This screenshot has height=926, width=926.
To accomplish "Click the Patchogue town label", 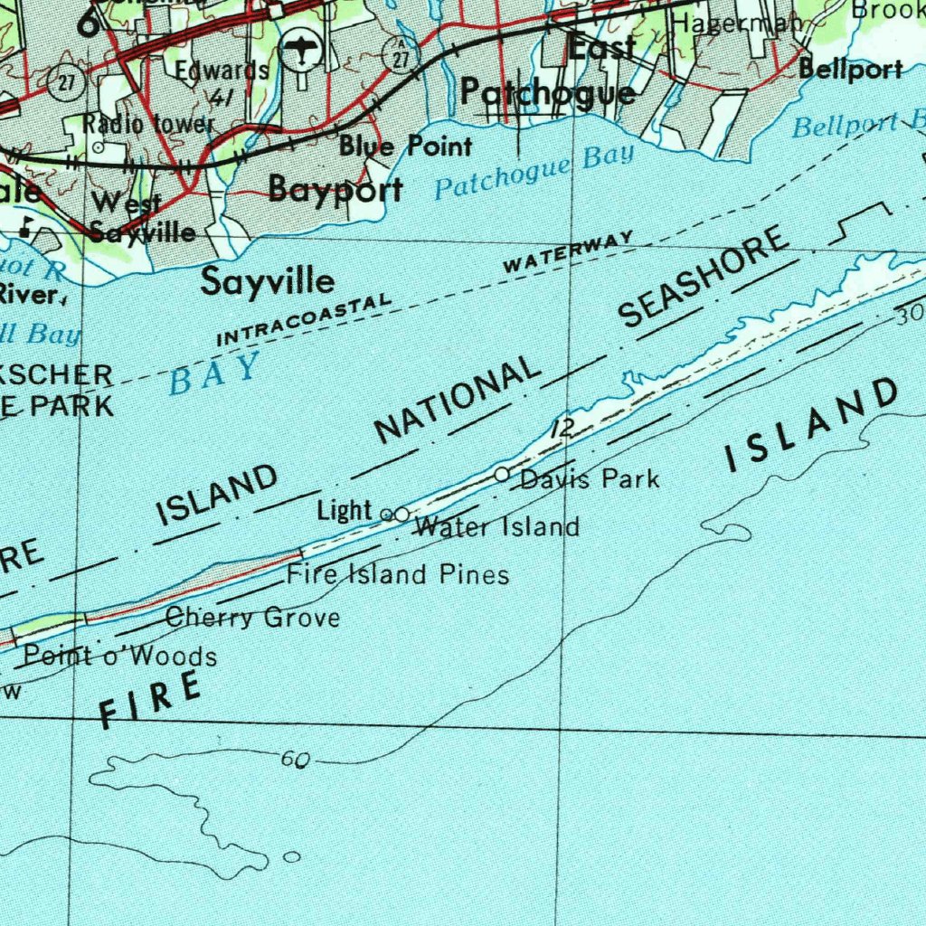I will coord(548,92).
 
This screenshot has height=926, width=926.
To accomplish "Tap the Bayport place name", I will coord(335,190).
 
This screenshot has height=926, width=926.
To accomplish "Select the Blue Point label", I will coord(406,146).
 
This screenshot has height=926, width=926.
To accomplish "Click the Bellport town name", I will coord(851,70).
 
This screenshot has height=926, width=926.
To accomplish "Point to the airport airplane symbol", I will coord(300,50).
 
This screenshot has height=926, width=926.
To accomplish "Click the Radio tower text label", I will coord(149,123).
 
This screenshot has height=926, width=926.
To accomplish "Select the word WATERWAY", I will coord(568,252).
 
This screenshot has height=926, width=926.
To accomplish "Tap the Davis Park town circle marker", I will coord(502,474).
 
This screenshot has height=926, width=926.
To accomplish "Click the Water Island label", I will coord(496,526).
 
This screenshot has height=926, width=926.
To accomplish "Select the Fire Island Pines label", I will coord(398,574).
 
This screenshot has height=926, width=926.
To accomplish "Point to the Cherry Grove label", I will coord(252,619).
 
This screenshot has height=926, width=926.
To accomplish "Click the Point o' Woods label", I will coord(120,656).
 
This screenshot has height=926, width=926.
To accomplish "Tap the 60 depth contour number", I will coord(294,760).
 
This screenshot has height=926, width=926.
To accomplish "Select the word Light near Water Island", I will coord(345,511).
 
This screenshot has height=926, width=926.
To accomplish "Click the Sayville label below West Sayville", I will coord(267,281).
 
